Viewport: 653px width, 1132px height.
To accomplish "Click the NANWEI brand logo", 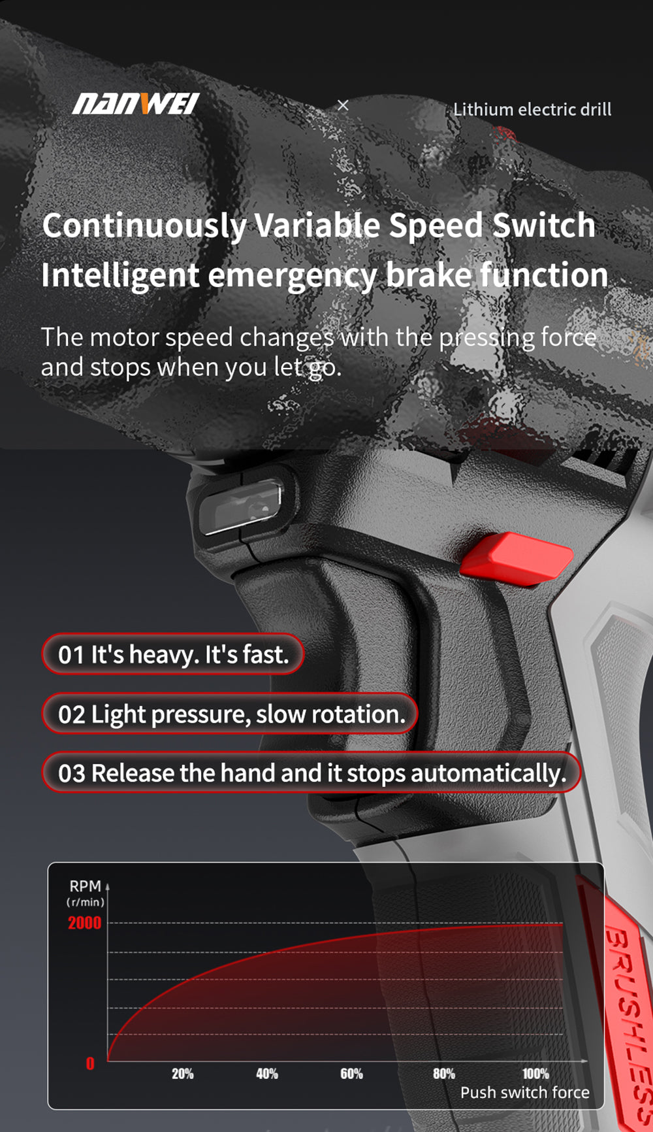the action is point(136,104).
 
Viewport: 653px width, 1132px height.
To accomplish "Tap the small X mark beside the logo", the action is point(343,105).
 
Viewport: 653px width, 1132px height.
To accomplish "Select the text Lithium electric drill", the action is point(532,109).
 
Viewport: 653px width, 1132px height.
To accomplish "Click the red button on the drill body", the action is point(517,558).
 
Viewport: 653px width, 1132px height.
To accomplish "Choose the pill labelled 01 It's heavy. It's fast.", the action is point(173,654).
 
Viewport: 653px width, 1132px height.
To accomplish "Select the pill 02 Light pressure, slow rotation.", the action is point(230,714).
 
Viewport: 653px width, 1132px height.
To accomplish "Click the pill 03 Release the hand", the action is point(311,773).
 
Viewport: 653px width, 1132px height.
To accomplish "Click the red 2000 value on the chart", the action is point(85,923).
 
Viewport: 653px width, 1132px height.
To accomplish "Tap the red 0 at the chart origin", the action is point(90,1064).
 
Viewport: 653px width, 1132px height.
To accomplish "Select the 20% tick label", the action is point(183,1074).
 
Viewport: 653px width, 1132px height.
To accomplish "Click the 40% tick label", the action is point(267,1074).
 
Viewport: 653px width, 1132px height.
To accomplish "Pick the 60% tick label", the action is point(352,1074).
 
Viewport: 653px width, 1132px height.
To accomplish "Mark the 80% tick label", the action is point(444,1074).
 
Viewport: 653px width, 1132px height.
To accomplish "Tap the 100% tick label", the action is point(535,1074).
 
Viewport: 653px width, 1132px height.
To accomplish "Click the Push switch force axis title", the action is point(525,1093).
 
